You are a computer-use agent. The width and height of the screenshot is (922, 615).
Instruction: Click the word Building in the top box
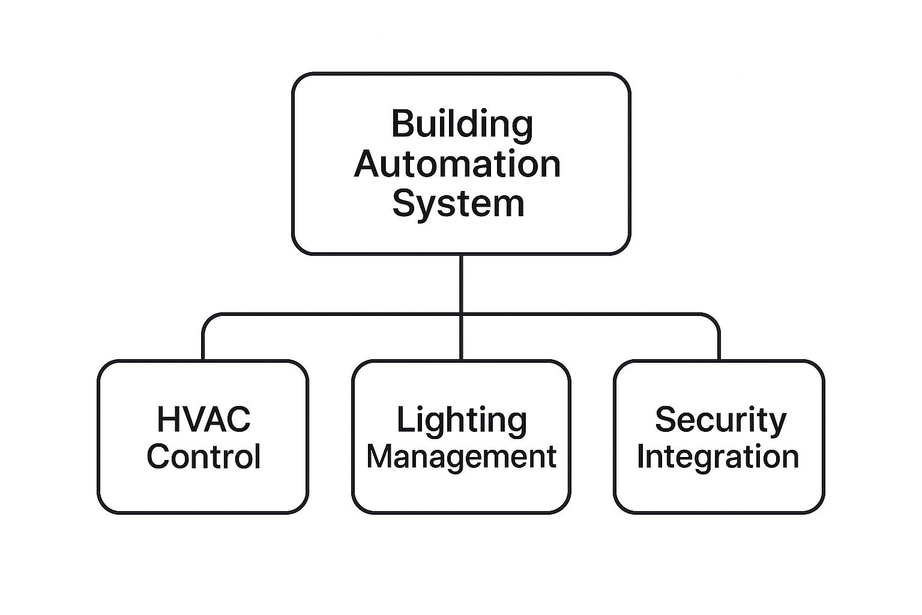pos(462,124)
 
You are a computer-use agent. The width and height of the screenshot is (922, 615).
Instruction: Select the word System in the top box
pos(458,203)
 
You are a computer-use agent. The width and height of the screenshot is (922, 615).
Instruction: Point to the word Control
pos(203,456)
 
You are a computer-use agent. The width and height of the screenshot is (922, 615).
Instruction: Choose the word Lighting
pos(461,420)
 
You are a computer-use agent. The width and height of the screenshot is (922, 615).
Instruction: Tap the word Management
pos(461,456)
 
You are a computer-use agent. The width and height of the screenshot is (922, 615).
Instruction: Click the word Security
pos(720,420)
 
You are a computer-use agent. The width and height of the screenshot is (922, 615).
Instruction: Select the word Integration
pos(718,456)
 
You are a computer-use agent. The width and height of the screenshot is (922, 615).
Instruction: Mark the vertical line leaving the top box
pos(461,282)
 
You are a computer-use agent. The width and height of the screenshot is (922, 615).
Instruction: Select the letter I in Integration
pos(641,456)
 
